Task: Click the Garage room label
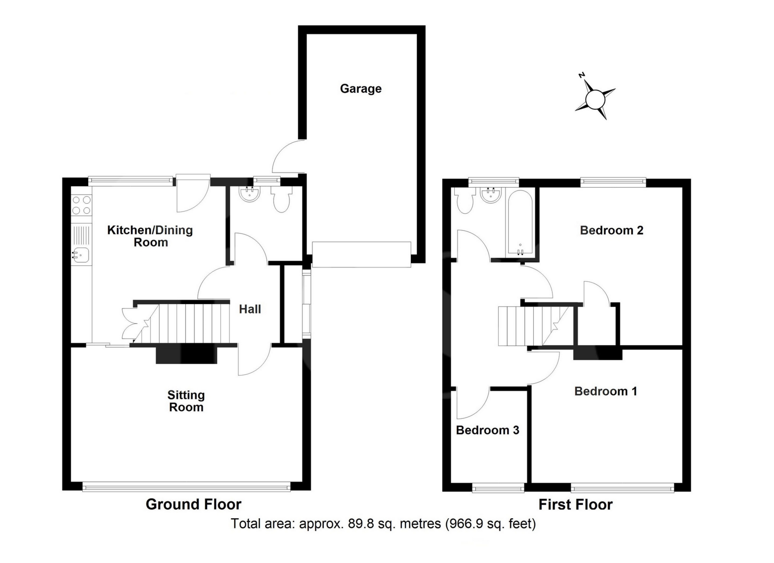(x=361, y=89)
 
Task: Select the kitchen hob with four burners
(x=81, y=205)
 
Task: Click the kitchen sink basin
(x=81, y=254)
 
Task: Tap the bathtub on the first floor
(x=520, y=223)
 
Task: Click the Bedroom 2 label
(x=612, y=230)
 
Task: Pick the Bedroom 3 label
(x=487, y=430)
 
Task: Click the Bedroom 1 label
(x=605, y=391)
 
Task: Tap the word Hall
(x=250, y=309)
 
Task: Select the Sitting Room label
(x=186, y=401)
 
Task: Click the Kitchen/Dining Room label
(x=150, y=236)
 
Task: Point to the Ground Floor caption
(x=193, y=505)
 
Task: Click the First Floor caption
(x=576, y=505)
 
